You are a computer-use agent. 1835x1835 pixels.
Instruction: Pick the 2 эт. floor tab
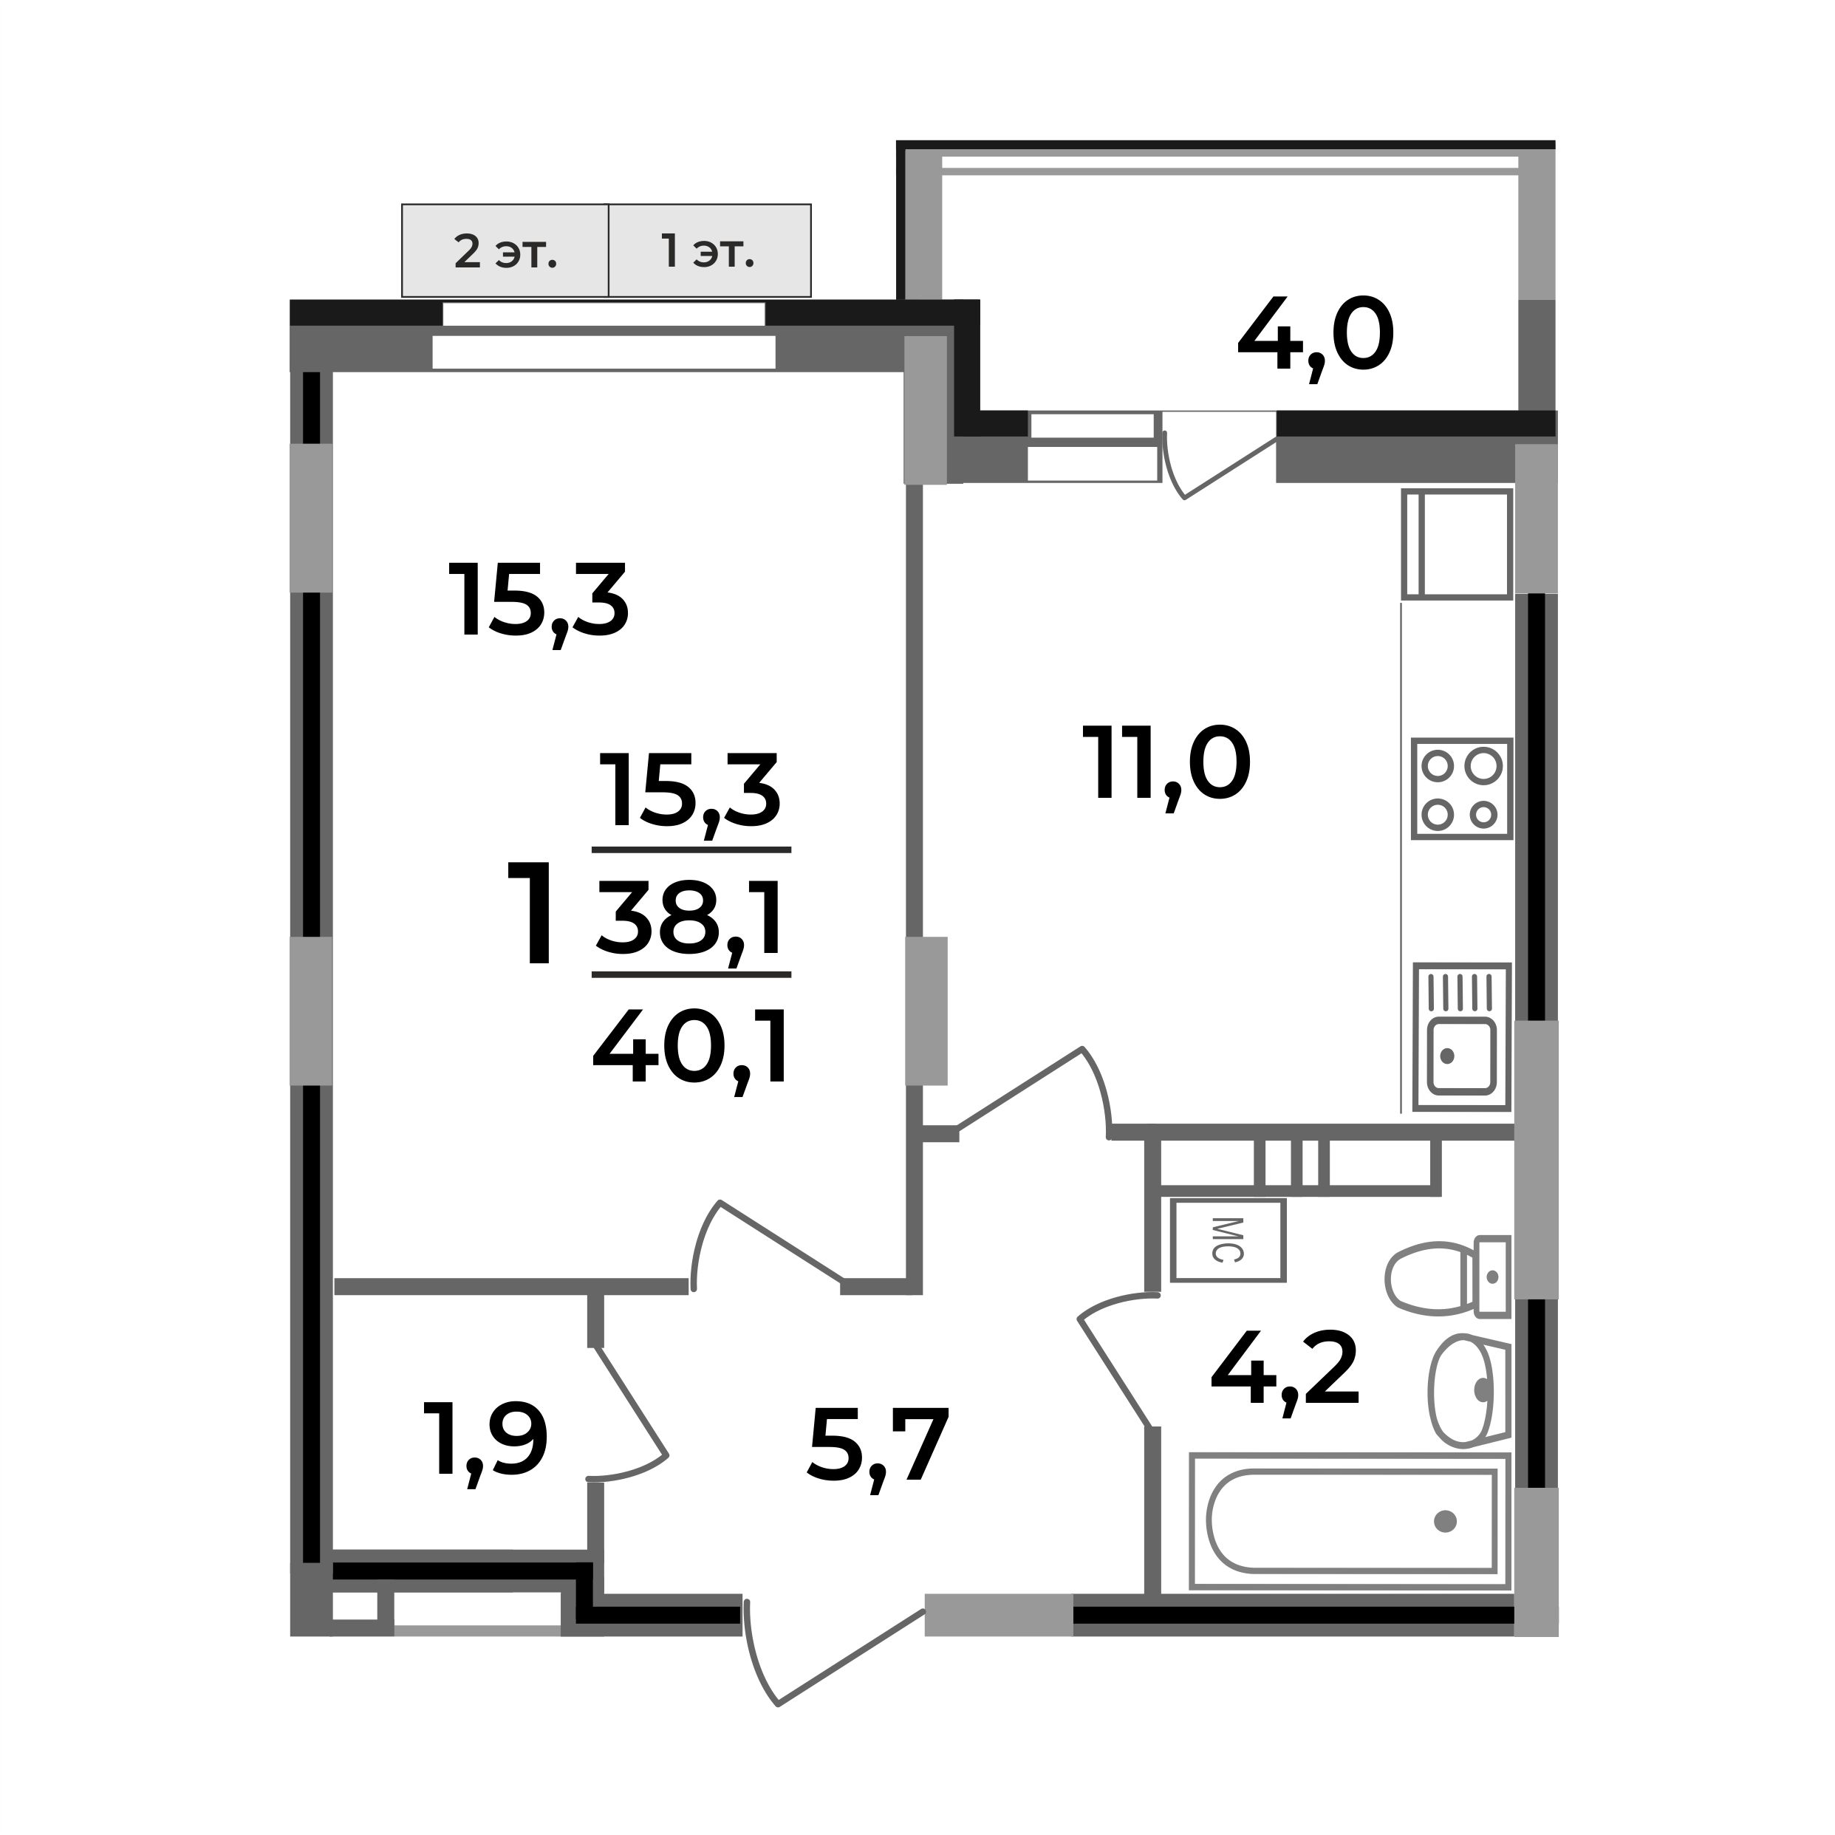(x=505, y=253)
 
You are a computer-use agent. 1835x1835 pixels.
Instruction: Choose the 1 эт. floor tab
(x=708, y=253)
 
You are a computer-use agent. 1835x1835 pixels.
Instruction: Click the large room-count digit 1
(x=531, y=914)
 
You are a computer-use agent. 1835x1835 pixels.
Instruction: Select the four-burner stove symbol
(x=1460, y=789)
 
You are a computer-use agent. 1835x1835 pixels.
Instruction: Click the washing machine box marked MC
(x=1227, y=1240)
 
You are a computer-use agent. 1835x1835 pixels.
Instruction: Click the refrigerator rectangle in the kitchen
(x=1456, y=544)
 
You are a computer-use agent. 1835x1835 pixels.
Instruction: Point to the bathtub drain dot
(x=1446, y=1523)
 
